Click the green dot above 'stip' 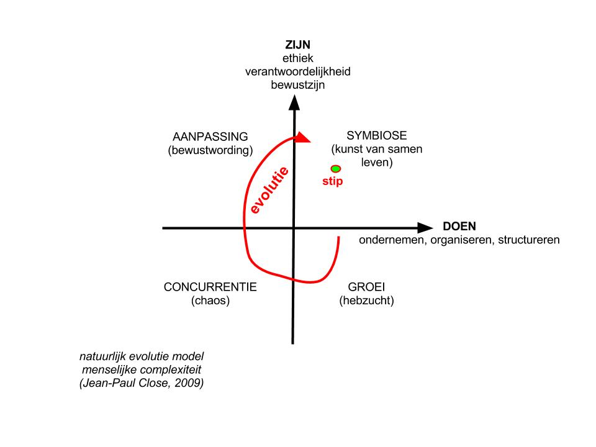(x=335, y=168)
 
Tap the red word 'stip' (x=332, y=182)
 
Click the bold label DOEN (x=459, y=227)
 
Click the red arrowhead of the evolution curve (x=302, y=138)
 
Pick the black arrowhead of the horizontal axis (x=425, y=228)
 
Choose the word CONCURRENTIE (x=210, y=287)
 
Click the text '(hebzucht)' (x=366, y=301)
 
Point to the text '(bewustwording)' (x=211, y=150)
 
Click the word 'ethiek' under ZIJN (x=298, y=58)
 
